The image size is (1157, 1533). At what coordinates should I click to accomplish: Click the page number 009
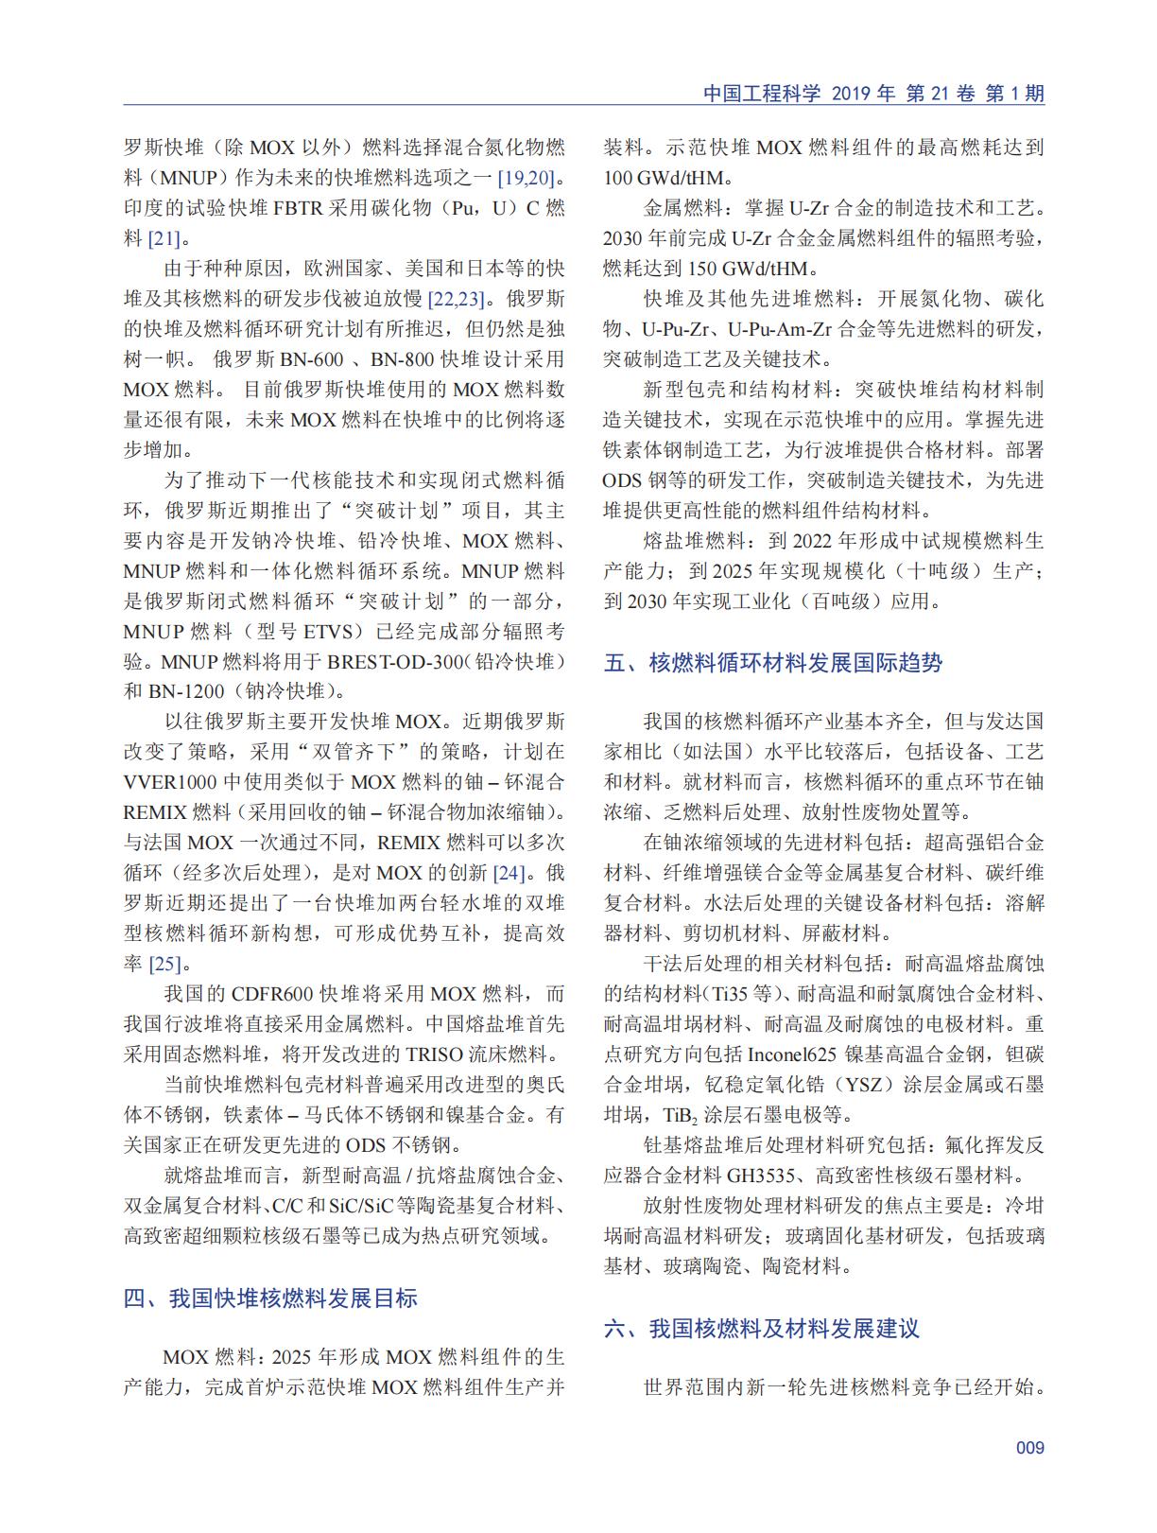click(1029, 1447)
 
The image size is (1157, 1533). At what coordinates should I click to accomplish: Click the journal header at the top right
click(873, 94)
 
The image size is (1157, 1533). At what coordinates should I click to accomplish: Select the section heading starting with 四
click(270, 1298)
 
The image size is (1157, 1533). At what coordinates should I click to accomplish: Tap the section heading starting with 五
click(773, 662)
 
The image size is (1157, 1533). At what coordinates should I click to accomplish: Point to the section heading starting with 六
click(762, 1328)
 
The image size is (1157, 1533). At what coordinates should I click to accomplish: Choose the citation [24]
click(509, 873)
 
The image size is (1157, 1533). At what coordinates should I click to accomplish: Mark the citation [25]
click(164, 964)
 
